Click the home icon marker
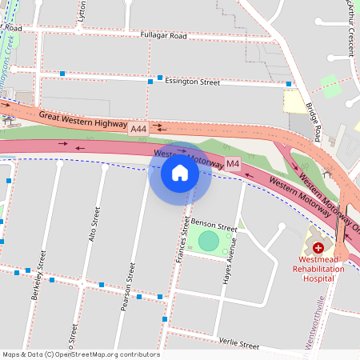tap(180, 172)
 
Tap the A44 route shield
tap(138, 128)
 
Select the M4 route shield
tap(232, 164)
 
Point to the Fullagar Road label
tap(162, 36)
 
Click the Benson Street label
tap(213, 227)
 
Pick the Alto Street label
tap(96, 225)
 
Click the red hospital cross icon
tap(318, 248)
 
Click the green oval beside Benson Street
tap(208, 240)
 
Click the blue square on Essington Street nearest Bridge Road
tap(289, 83)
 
